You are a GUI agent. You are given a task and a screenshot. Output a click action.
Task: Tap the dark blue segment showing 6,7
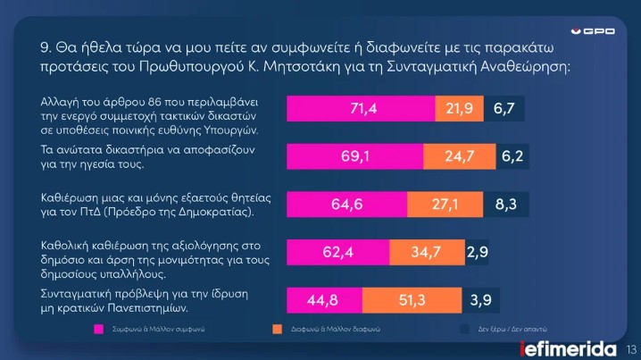click(x=506, y=109)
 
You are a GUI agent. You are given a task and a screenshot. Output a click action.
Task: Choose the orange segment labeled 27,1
click(x=450, y=205)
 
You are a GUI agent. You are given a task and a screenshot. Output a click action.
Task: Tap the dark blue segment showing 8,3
click(x=504, y=205)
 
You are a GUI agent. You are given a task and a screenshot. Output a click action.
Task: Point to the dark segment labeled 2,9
click(x=477, y=253)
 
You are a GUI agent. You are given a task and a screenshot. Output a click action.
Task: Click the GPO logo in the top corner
click(x=593, y=32)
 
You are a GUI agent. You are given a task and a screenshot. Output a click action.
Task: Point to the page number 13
click(x=630, y=348)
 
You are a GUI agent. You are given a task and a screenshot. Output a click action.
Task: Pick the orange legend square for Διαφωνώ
click(x=277, y=330)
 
